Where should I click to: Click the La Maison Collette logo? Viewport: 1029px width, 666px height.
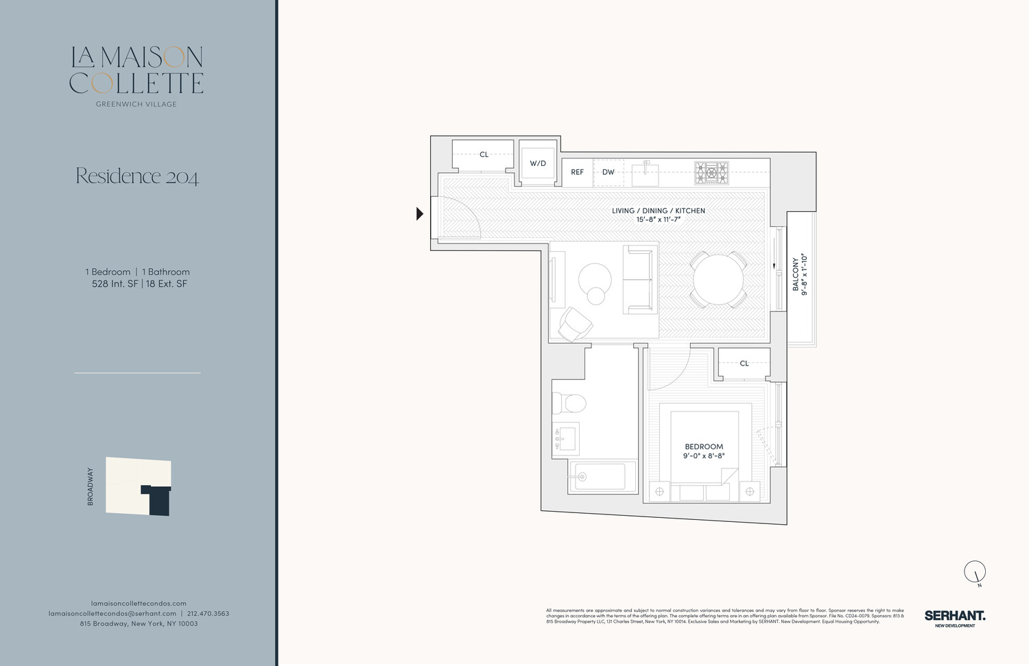[x=137, y=71]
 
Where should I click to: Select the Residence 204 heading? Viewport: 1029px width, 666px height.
[x=137, y=177]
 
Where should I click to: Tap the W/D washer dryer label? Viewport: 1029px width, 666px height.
[x=538, y=164]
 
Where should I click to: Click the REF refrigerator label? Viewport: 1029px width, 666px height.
[x=578, y=172]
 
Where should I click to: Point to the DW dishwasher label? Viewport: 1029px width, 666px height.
[x=608, y=172]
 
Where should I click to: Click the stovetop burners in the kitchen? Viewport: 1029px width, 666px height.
[x=711, y=173]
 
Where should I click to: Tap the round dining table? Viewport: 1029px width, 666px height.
[x=718, y=279]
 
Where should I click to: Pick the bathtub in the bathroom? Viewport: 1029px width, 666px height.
[x=601, y=476]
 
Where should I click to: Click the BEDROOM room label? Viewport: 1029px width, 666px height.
[x=704, y=447]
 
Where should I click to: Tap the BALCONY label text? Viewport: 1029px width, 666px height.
[x=796, y=274]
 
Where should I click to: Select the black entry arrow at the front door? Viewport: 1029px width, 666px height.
[x=420, y=214]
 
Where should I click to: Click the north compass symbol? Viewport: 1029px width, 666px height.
[x=975, y=571]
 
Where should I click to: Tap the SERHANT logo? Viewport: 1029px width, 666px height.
[x=954, y=617]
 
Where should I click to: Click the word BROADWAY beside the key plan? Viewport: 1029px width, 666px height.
[x=90, y=486]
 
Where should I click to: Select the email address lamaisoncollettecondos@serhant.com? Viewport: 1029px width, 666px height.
[x=113, y=613]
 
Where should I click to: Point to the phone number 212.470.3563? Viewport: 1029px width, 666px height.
[x=208, y=613]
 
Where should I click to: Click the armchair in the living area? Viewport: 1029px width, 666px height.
[x=576, y=324]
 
